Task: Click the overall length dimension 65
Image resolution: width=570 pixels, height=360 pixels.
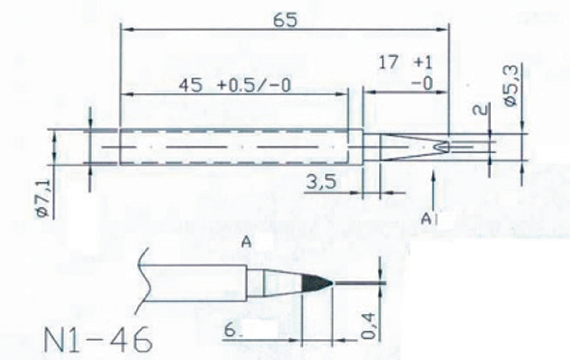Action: pyautogui.click(x=285, y=19)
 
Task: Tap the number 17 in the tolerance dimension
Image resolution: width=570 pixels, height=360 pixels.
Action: pyautogui.click(x=388, y=62)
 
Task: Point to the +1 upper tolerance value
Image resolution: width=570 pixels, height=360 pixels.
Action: pyautogui.click(x=423, y=62)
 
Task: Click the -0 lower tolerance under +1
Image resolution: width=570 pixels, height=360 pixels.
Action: pyautogui.click(x=423, y=83)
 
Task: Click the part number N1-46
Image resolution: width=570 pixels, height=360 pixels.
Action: pyautogui.click(x=97, y=339)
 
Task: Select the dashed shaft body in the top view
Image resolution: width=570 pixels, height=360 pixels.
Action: pyautogui.click(x=234, y=147)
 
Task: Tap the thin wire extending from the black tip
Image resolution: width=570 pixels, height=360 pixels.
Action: pyautogui.click(x=359, y=284)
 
